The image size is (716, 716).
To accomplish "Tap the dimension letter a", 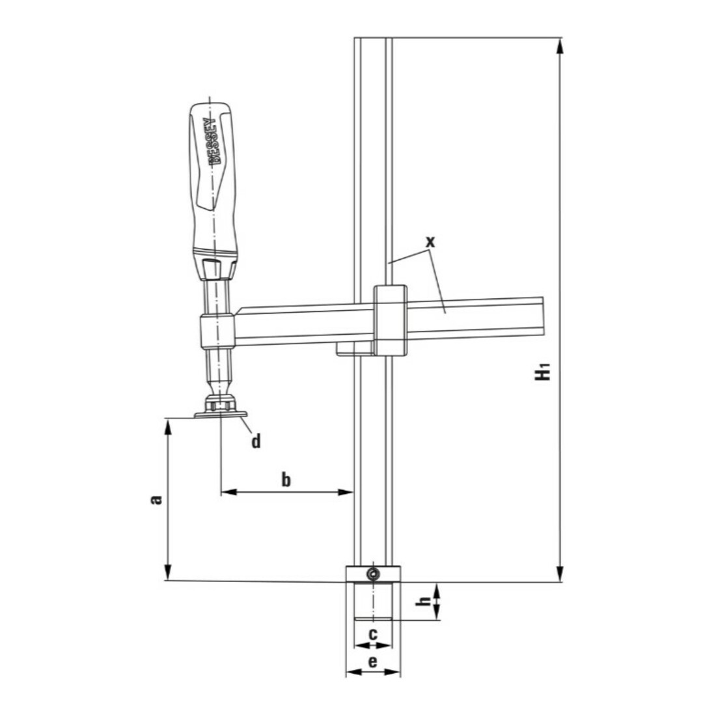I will point(156,499).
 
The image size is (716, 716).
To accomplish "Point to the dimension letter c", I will point(373,633).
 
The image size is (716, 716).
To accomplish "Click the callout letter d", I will point(256,442).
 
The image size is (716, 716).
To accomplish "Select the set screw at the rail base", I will point(373,573).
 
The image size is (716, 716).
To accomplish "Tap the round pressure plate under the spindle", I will point(221,415).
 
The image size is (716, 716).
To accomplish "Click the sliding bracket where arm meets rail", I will point(390,319).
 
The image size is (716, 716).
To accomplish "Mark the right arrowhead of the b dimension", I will point(346,492).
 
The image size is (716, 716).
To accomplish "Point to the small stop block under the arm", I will point(354,350).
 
